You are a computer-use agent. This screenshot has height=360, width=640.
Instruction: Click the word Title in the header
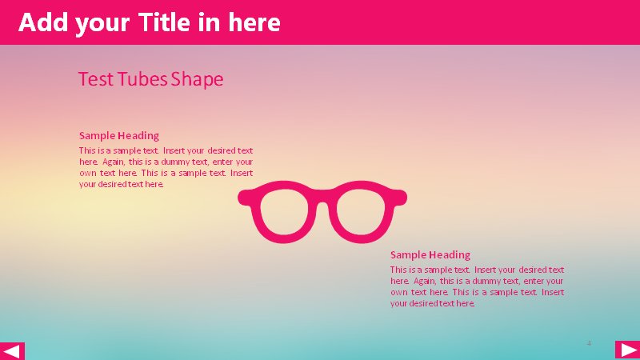[165, 22]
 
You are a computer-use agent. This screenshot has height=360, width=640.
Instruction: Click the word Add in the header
[43, 22]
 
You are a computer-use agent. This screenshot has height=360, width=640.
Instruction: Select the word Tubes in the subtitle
[142, 78]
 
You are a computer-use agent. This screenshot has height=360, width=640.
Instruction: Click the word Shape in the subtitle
[197, 79]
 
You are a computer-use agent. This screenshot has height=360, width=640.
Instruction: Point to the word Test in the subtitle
[96, 78]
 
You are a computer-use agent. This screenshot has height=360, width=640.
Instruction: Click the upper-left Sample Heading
[118, 135]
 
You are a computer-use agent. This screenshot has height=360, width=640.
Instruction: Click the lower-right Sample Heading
[430, 254]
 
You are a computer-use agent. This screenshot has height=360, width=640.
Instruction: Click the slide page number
[589, 343]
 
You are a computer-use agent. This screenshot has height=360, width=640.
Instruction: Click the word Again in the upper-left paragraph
[114, 162]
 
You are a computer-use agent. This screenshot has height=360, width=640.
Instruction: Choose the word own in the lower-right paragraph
[398, 293]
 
